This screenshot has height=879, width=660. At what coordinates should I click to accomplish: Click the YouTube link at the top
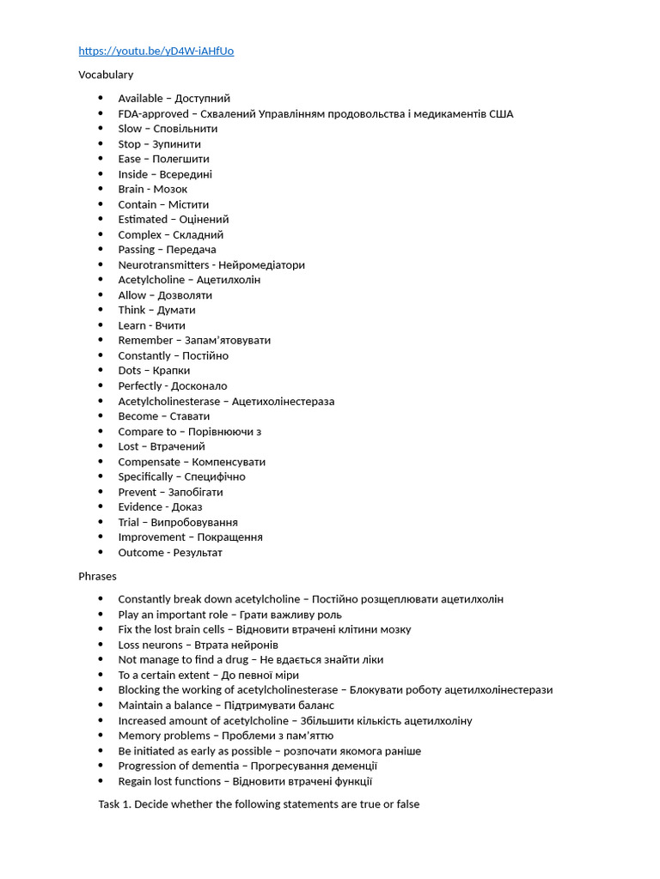[156, 51]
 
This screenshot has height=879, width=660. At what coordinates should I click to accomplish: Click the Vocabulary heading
[106, 75]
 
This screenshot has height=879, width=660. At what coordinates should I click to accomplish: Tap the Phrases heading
[97, 576]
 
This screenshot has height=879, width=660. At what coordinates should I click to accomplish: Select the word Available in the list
[140, 99]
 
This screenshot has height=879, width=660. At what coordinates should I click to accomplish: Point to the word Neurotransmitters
[163, 265]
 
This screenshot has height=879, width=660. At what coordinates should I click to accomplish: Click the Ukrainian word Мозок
[170, 189]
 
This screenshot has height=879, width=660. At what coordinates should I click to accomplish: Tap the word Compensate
[149, 462]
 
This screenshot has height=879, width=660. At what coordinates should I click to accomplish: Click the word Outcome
[140, 553]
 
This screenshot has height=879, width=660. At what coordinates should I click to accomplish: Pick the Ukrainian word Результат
[198, 553]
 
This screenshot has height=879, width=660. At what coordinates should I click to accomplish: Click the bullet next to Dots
[101, 371]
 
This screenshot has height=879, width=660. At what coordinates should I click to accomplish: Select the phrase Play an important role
[173, 615]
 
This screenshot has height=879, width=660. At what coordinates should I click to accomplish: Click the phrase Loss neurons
[150, 645]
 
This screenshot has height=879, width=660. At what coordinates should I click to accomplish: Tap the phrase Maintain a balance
[164, 706]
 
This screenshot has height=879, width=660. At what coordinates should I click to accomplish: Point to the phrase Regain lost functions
[168, 781]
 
